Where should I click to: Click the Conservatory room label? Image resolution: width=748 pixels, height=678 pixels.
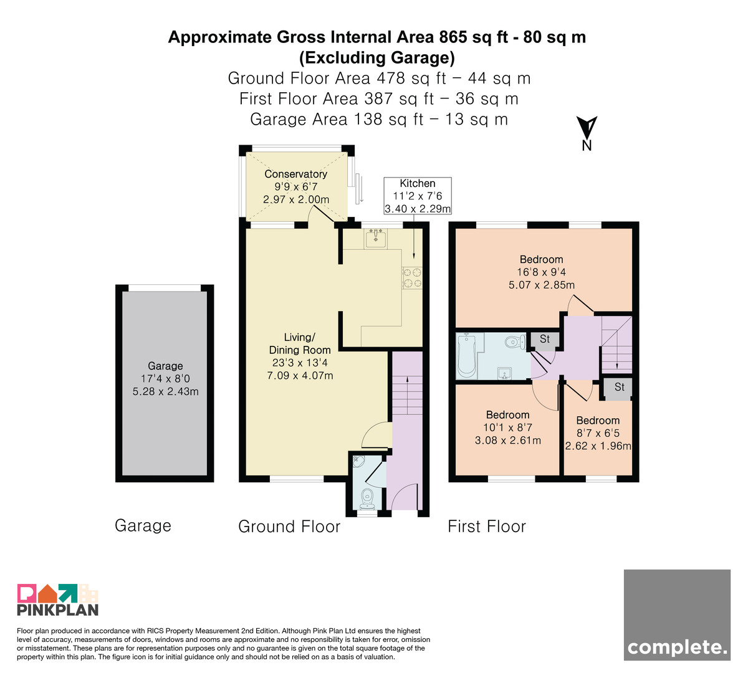coord(295,174)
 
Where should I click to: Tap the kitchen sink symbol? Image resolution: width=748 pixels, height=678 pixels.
coord(375,238)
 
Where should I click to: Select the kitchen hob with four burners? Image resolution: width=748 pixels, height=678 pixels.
coord(412,278)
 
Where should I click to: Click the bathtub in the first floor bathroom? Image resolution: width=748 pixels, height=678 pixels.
coord(466,356)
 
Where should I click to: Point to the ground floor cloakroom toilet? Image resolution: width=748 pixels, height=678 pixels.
coord(368,499)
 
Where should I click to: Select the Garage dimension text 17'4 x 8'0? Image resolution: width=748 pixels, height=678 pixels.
coord(165,378)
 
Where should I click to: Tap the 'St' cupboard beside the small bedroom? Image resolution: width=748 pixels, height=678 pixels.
coord(618,388)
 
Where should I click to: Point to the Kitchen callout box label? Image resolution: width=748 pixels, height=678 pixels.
coord(418,183)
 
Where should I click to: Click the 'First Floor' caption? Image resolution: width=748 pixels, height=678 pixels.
coord(487,526)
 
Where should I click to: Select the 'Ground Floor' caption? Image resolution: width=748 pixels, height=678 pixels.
coord(289,526)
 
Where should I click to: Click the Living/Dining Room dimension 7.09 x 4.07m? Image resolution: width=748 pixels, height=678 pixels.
coord(300,375)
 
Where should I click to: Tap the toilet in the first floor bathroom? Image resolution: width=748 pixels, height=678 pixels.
coord(515,341)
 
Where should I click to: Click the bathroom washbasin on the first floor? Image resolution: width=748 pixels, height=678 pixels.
coord(504,373)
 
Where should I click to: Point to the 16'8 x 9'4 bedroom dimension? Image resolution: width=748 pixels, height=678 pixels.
coord(542,272)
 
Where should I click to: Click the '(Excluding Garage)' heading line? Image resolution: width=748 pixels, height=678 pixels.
coord(377,58)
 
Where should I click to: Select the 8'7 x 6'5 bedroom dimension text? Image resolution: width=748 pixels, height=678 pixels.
coord(598,433)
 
